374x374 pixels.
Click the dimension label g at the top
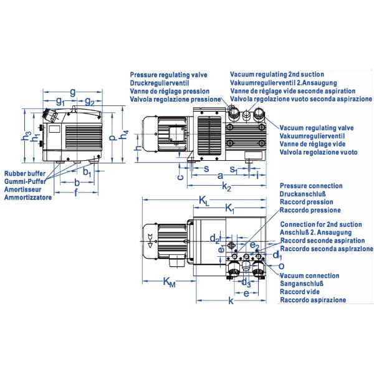click(x=73, y=92)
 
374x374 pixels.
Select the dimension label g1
click(x=60, y=101)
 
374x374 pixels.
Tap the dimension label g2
click(x=90, y=101)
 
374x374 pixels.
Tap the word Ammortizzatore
click(x=28, y=198)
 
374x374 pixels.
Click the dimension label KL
click(x=204, y=199)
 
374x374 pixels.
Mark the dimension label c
click(x=180, y=176)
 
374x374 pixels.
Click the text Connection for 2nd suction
click(x=321, y=224)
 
